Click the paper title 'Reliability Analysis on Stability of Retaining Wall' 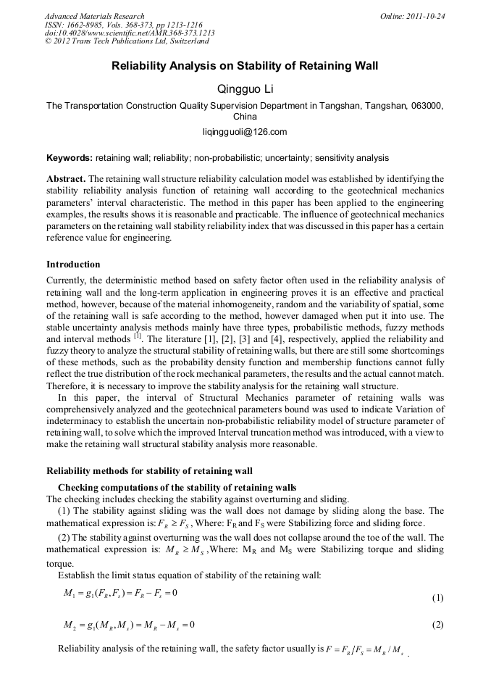click(x=245, y=66)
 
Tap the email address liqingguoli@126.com click(x=245, y=131)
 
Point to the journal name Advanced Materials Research click(x=94, y=16)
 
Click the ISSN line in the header click(x=123, y=25)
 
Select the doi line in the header click(x=130, y=33)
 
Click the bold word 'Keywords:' click(x=70, y=157)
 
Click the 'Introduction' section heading click(x=73, y=264)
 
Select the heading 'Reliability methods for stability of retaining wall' click(x=149, y=470)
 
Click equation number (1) click(x=437, y=598)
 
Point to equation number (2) click(x=437, y=625)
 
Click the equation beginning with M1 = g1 click(x=120, y=595)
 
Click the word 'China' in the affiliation click(x=245, y=116)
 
